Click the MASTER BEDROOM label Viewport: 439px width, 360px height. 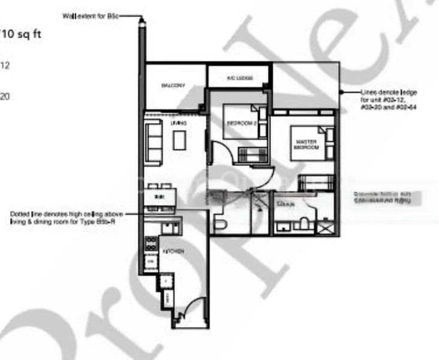(306, 145)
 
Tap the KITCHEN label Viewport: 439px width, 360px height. (176, 251)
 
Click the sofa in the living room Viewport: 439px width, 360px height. (154, 142)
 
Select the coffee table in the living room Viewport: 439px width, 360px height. (179, 140)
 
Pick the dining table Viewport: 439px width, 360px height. (160, 196)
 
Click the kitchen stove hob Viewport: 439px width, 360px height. (151, 244)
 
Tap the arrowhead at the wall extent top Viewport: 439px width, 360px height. (142, 20)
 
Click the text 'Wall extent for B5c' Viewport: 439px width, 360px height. (95, 16)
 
